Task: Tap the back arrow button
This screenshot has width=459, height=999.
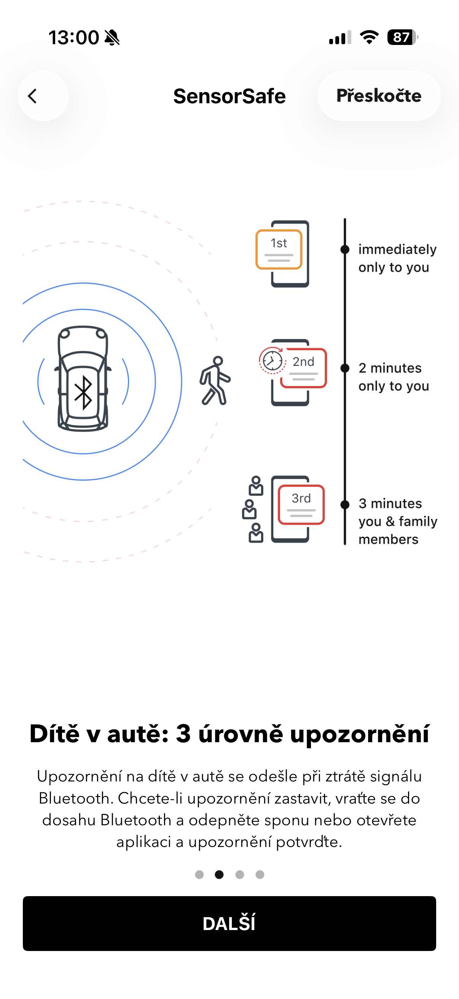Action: click(x=43, y=96)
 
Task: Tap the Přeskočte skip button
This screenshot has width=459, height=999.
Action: click(x=378, y=96)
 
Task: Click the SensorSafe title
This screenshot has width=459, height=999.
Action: click(x=229, y=96)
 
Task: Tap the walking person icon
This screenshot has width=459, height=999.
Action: click(x=215, y=381)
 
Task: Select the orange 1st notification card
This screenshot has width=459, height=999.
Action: click(x=279, y=249)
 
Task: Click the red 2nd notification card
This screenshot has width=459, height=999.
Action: click(x=303, y=368)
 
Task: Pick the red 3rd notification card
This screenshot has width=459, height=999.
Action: click(x=301, y=504)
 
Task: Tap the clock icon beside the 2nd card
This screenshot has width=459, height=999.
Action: click(x=272, y=361)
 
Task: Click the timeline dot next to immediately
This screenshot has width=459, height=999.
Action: click(x=344, y=249)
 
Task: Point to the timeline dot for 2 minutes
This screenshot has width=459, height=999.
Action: click(x=344, y=368)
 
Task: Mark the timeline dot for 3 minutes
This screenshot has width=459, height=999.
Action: click(x=344, y=504)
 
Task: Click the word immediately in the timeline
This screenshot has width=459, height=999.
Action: click(x=397, y=249)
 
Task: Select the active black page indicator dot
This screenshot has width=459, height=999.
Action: click(x=219, y=874)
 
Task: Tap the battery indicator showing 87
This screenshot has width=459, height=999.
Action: click(x=402, y=37)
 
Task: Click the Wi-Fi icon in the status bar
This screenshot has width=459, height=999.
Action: click(x=369, y=37)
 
